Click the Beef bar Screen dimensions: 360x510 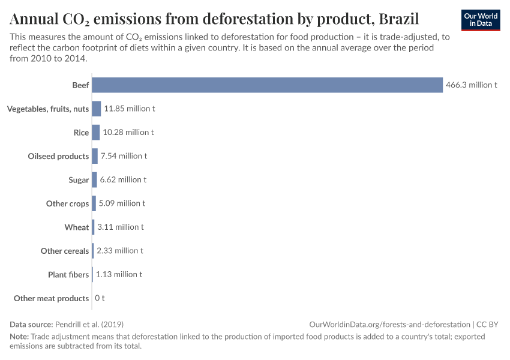[x=267, y=85]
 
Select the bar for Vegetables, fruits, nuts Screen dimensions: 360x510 [x=96, y=109]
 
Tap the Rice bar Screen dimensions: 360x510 [x=95, y=133]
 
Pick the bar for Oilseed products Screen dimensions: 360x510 [x=95, y=156]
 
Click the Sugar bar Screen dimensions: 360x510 [x=94, y=179]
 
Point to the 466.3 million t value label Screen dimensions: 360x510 [x=472, y=85]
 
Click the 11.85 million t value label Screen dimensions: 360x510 [x=130, y=109]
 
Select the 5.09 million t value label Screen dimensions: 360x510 [x=122, y=203]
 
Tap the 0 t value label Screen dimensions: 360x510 [x=100, y=298]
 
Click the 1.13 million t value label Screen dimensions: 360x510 [x=119, y=274]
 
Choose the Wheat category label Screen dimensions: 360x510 [x=77, y=227]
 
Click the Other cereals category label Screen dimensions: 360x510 [x=65, y=251]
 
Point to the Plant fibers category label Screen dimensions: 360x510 [x=68, y=274]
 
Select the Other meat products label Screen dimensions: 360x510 [x=52, y=298]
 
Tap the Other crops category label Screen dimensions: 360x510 [x=67, y=203]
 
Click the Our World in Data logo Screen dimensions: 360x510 [x=481, y=20]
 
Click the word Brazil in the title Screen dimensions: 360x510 [x=399, y=18]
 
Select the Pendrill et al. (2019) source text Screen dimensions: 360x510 [x=89, y=324]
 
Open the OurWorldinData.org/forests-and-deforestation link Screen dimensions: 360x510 [x=390, y=324]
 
